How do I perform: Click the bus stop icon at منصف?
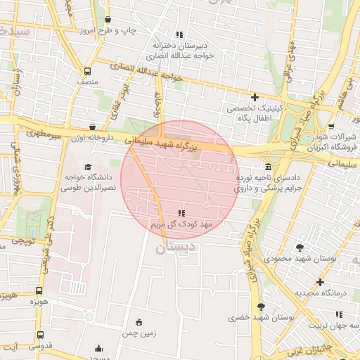point(88,71)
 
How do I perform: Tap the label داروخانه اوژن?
point(89,138)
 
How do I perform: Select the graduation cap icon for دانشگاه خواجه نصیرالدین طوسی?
point(88,167)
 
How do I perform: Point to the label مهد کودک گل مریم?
point(181,224)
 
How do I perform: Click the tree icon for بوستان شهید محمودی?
point(300,247)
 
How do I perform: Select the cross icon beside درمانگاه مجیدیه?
point(319,282)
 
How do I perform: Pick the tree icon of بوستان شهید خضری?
point(262,307)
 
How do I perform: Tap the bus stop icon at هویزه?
point(39,290)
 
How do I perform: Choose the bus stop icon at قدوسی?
point(39,335)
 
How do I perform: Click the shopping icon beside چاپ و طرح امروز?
point(108,20)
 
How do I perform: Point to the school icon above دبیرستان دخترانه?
point(180,34)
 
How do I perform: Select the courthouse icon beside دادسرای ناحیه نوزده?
point(269,167)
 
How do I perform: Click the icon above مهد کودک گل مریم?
point(181,212)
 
